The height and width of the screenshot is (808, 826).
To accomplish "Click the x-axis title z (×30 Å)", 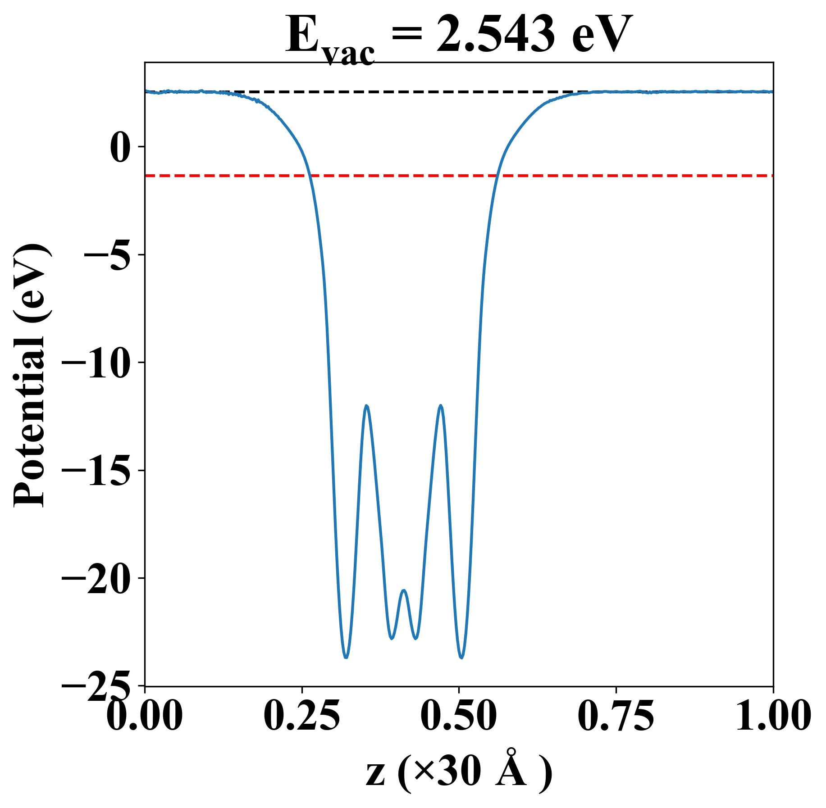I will (459, 773).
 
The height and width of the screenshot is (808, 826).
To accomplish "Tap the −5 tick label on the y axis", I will (108, 255).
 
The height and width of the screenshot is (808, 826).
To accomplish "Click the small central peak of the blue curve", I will (404, 590).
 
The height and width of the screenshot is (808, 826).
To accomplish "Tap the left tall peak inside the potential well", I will (367, 406).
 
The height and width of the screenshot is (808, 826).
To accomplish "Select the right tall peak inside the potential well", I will (441, 406).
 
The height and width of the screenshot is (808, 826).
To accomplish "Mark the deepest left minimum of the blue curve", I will (346, 657).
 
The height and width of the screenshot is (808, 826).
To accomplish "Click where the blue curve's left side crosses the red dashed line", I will (309, 175).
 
